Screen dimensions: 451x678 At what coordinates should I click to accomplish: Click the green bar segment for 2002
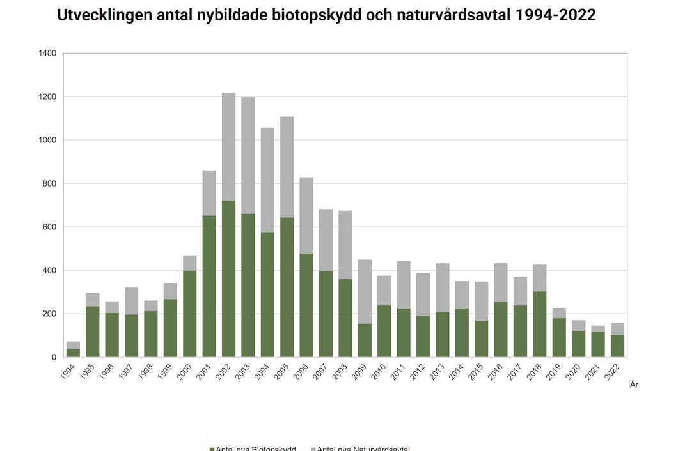(x=228, y=279)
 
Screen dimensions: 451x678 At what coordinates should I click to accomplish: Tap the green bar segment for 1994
(x=73, y=353)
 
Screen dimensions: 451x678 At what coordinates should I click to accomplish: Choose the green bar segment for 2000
(x=189, y=314)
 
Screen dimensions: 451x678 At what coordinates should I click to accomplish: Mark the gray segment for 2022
(x=617, y=329)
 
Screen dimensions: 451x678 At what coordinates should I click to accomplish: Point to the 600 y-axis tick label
(x=50, y=227)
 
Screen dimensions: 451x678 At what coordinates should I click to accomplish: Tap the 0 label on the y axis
(x=54, y=357)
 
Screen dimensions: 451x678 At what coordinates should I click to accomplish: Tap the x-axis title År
(x=634, y=385)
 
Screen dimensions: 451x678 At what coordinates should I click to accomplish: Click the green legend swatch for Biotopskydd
(x=212, y=448)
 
